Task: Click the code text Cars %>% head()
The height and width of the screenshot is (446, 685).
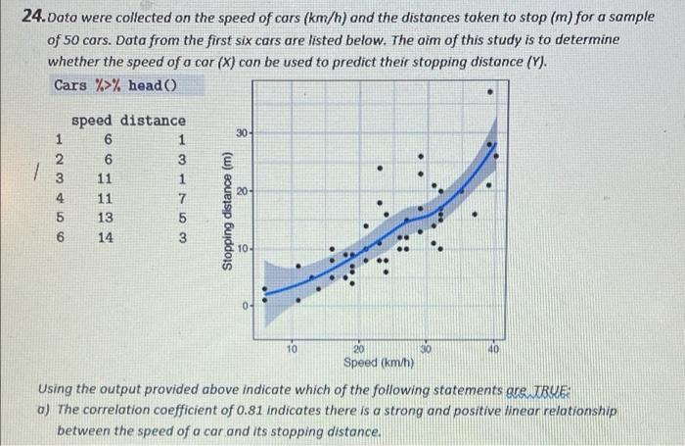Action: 114,85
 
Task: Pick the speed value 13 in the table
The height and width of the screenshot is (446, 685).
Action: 107,217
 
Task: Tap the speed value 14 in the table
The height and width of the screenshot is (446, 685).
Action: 107,236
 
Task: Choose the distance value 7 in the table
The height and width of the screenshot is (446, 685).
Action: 181,197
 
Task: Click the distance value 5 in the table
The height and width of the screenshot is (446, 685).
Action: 181,217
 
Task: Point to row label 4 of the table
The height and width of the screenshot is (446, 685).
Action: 60,197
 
